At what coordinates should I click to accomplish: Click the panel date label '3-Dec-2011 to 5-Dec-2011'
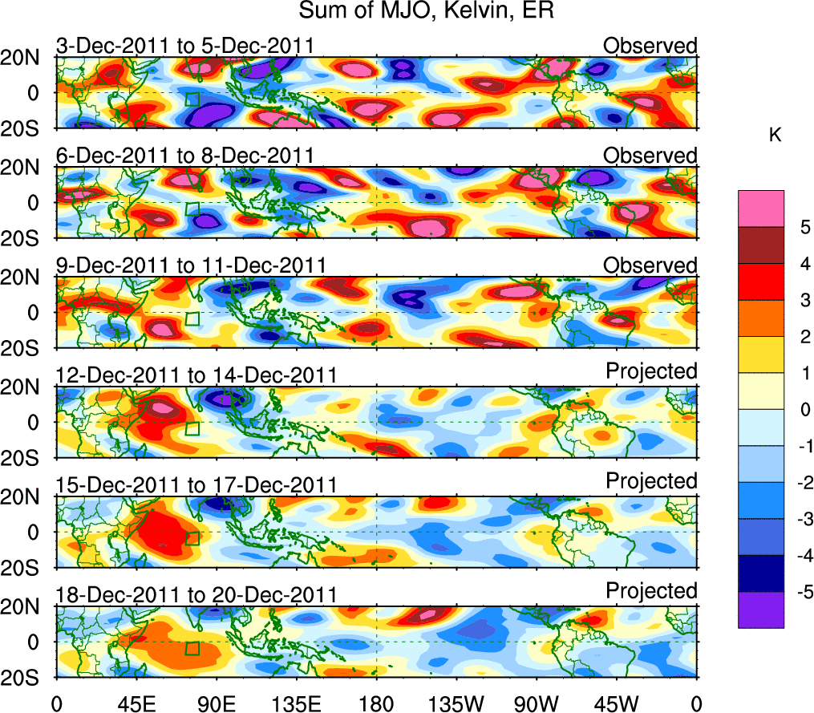pyautogui.click(x=184, y=46)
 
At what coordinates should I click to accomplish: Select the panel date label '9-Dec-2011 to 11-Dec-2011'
pyautogui.click(x=191, y=265)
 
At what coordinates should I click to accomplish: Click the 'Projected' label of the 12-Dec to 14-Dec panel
pyautogui.click(x=651, y=371)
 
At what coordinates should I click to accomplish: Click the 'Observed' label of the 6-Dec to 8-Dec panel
pyautogui.click(x=650, y=156)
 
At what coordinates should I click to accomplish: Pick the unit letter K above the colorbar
pyautogui.click(x=775, y=136)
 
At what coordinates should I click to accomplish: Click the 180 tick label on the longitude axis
pyautogui.click(x=376, y=703)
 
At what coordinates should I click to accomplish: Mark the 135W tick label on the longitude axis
pyautogui.click(x=456, y=703)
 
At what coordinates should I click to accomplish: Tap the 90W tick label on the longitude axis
pyautogui.click(x=537, y=703)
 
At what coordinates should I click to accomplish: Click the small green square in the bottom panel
pyautogui.click(x=192, y=648)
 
